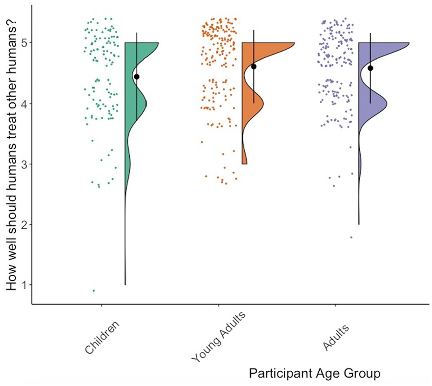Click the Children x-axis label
click(102, 337)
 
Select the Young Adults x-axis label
click(218, 337)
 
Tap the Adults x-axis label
click(336, 337)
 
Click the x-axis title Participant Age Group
click(315, 373)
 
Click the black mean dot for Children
click(137, 77)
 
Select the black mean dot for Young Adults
click(254, 67)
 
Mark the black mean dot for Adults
click(370, 68)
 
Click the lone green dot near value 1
click(94, 291)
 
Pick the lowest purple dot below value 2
click(351, 238)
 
